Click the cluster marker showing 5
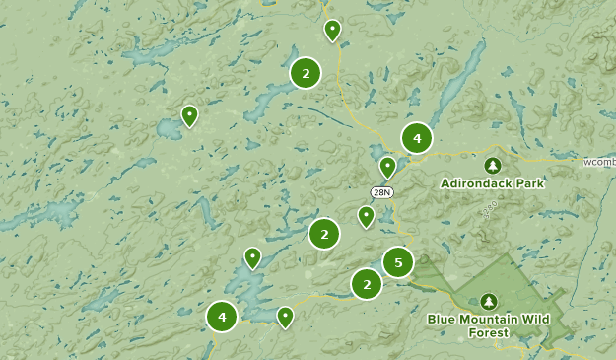click(398, 262)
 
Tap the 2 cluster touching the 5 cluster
click(367, 284)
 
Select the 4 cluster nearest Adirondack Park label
click(417, 138)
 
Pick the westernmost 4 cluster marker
click(222, 317)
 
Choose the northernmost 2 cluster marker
click(306, 73)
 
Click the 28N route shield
click(382, 192)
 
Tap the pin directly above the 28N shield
click(388, 166)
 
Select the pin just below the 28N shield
click(367, 215)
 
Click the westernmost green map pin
click(190, 114)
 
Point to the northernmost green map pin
click(333, 30)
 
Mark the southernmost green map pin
click(285, 316)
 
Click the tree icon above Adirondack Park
click(493, 165)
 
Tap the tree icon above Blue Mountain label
click(489, 301)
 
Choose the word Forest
click(490, 332)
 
